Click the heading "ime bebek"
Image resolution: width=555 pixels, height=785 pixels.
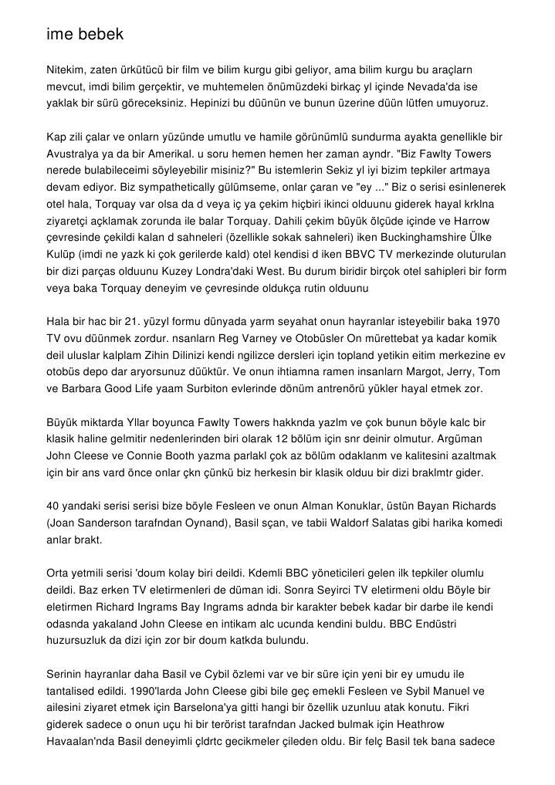[84, 35]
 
